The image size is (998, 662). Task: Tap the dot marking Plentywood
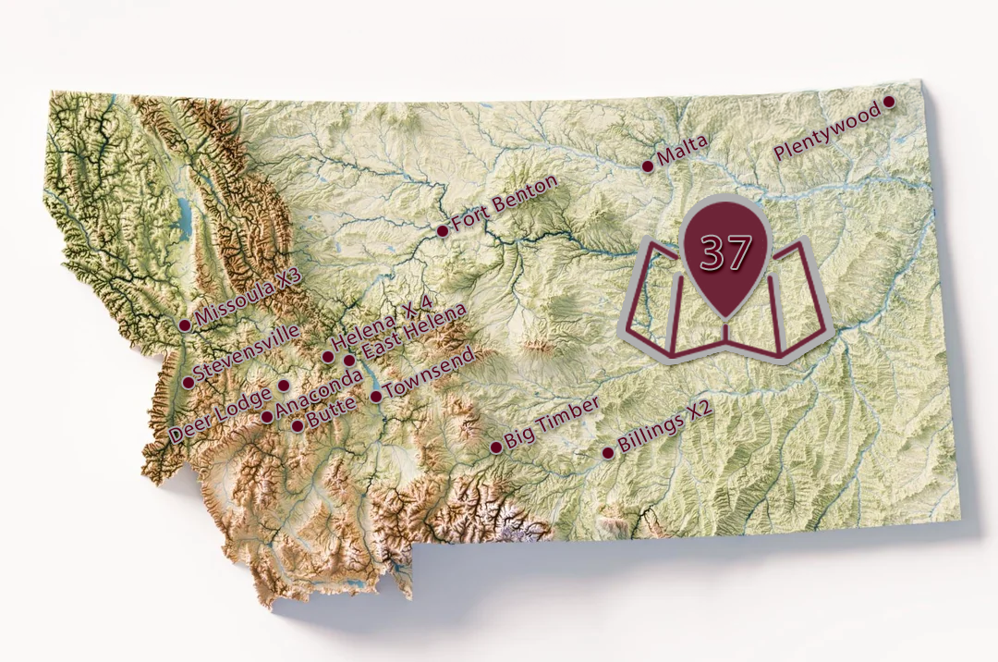click(889, 102)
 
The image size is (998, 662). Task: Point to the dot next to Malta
click(648, 166)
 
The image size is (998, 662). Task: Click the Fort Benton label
click(505, 203)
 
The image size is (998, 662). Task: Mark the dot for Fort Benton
click(443, 230)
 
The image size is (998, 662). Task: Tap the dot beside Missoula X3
click(185, 325)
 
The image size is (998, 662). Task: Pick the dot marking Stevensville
click(189, 382)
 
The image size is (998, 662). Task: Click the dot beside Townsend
click(376, 398)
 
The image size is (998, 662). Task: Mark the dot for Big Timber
click(496, 447)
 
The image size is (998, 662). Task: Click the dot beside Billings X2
click(608, 453)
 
